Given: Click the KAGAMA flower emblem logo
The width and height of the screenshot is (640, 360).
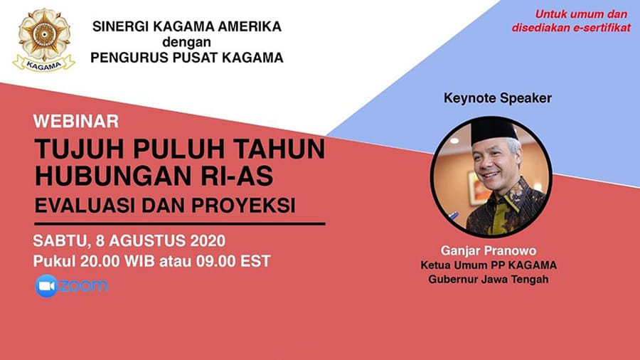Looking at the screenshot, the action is (x=44, y=40).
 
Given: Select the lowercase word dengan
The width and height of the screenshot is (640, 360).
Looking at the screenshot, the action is (x=186, y=43).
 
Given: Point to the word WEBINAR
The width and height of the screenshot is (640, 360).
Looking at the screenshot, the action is (x=76, y=121).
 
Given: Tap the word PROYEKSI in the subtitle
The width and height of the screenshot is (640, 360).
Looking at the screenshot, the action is (x=243, y=206).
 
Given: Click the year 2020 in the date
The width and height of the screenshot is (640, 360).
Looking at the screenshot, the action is (x=208, y=240).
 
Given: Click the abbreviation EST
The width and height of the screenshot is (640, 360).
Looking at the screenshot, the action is (x=255, y=261).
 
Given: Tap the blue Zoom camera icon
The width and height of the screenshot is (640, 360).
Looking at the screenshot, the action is (x=46, y=286).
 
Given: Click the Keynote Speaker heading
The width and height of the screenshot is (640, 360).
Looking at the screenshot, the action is (x=498, y=98).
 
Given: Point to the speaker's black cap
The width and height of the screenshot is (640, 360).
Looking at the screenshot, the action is (x=494, y=129).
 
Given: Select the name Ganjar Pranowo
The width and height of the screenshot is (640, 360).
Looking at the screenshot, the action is (x=488, y=250).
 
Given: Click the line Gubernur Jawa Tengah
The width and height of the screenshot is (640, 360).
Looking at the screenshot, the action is (x=488, y=280).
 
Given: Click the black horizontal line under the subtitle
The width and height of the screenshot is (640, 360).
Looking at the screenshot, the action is (x=180, y=223).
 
